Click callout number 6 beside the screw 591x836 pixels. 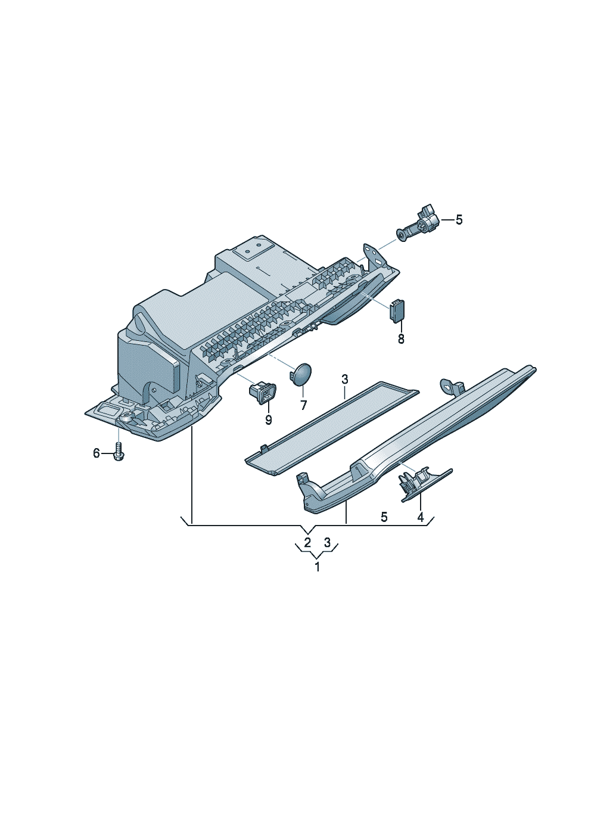(x=97, y=453)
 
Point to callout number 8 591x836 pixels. (x=401, y=339)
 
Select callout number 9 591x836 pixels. (x=268, y=420)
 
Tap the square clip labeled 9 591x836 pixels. (x=262, y=393)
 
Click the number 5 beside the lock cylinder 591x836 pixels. (x=459, y=220)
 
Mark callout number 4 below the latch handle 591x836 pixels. (x=421, y=517)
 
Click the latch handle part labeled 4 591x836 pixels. (x=425, y=484)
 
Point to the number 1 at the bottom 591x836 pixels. (x=317, y=567)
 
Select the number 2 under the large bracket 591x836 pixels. (x=307, y=542)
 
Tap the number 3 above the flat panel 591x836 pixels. (x=344, y=380)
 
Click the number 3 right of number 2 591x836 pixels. (x=327, y=542)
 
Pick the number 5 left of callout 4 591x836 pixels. (x=384, y=517)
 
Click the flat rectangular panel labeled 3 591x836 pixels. (x=332, y=428)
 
